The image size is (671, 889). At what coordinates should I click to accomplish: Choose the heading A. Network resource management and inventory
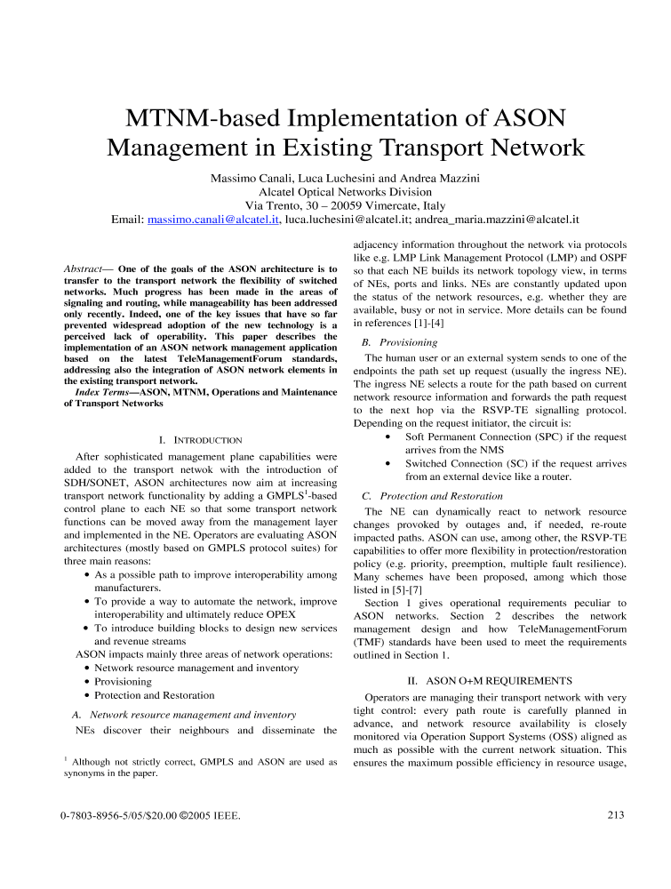point(183,714)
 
